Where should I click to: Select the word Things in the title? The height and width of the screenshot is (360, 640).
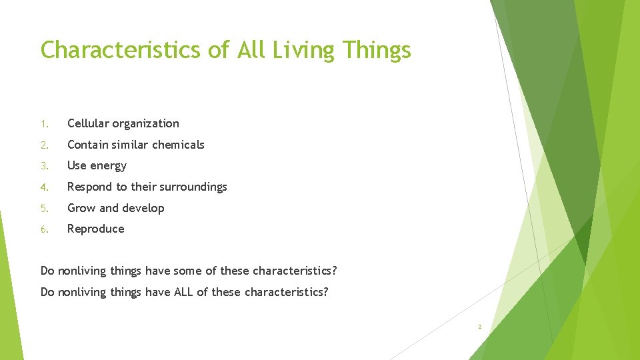[x=377, y=50]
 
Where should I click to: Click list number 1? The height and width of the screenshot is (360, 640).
[x=44, y=124]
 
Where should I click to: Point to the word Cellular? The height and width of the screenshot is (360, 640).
[x=89, y=123]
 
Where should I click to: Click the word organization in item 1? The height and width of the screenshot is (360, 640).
[x=146, y=124]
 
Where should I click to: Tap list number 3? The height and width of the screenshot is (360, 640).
[x=44, y=166]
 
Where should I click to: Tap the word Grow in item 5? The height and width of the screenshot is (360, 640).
[x=81, y=208]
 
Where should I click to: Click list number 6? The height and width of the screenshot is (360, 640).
[x=44, y=229]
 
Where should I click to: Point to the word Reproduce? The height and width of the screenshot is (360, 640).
[x=96, y=229]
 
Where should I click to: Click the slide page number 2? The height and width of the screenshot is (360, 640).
[x=479, y=327]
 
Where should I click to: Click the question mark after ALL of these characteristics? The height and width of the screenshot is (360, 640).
[x=325, y=292]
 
